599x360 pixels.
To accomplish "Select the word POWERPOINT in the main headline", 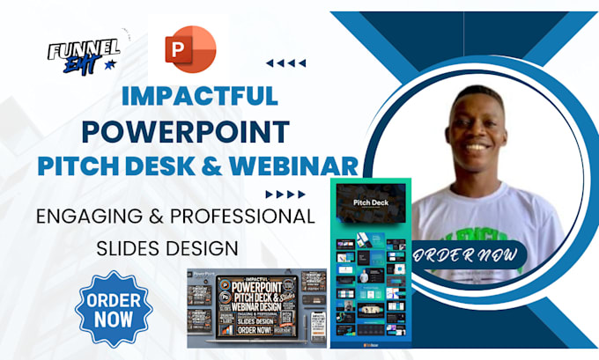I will click(186, 131).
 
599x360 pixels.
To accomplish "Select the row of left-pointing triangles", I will click(286, 63).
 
